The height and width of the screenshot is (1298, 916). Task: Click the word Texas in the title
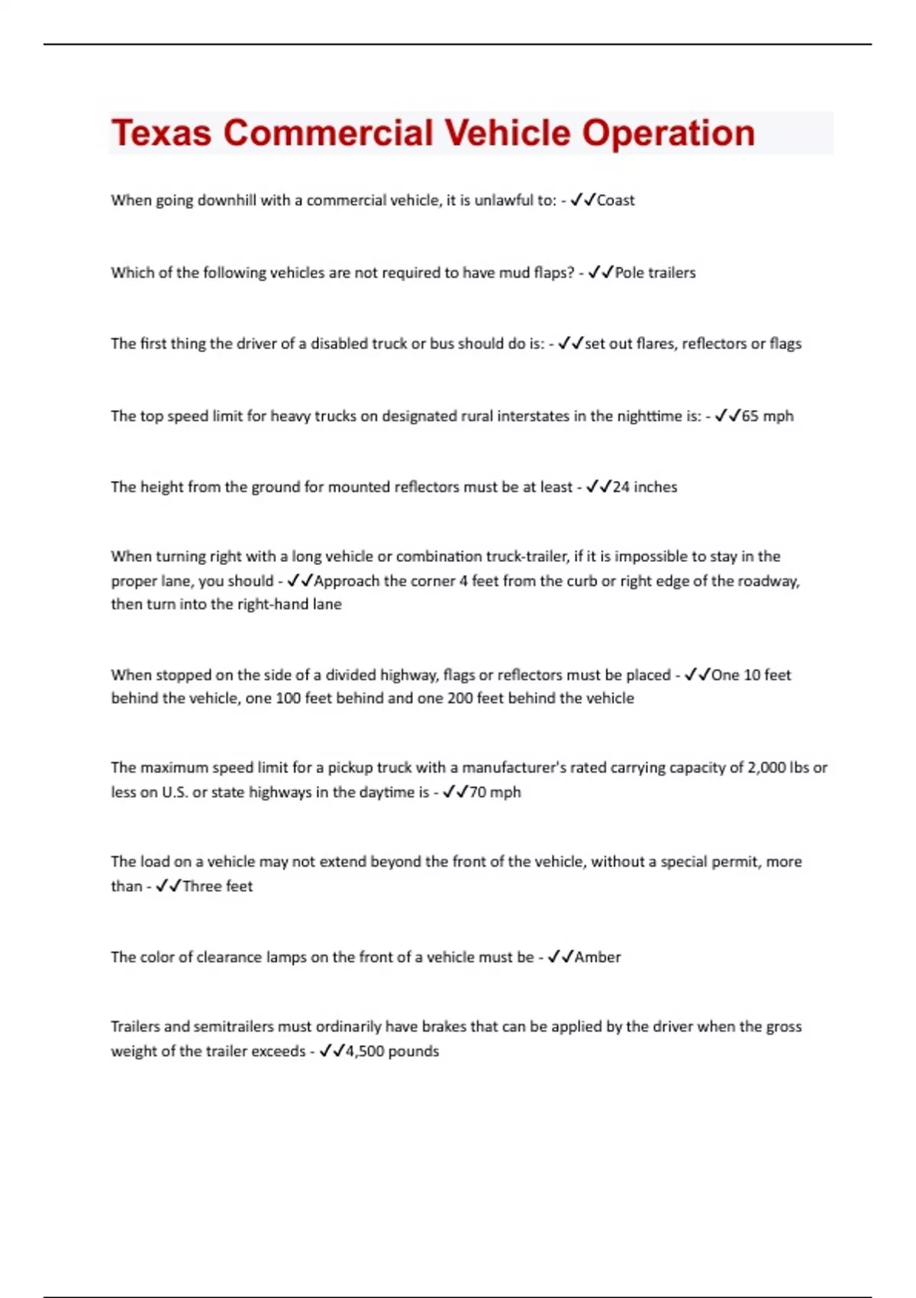[161, 133]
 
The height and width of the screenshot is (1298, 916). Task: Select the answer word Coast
[615, 200]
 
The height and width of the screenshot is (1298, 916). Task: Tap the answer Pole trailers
[655, 273]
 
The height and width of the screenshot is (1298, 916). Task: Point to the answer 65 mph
[767, 416]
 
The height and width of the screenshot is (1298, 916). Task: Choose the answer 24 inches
[644, 487]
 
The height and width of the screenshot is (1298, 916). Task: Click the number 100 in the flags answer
[288, 698]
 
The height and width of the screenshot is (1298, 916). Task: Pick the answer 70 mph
[495, 792]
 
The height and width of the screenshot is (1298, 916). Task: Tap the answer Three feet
[218, 886]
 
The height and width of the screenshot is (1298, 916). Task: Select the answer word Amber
[597, 957]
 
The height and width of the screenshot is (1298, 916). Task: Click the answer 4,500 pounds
[392, 1051]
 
